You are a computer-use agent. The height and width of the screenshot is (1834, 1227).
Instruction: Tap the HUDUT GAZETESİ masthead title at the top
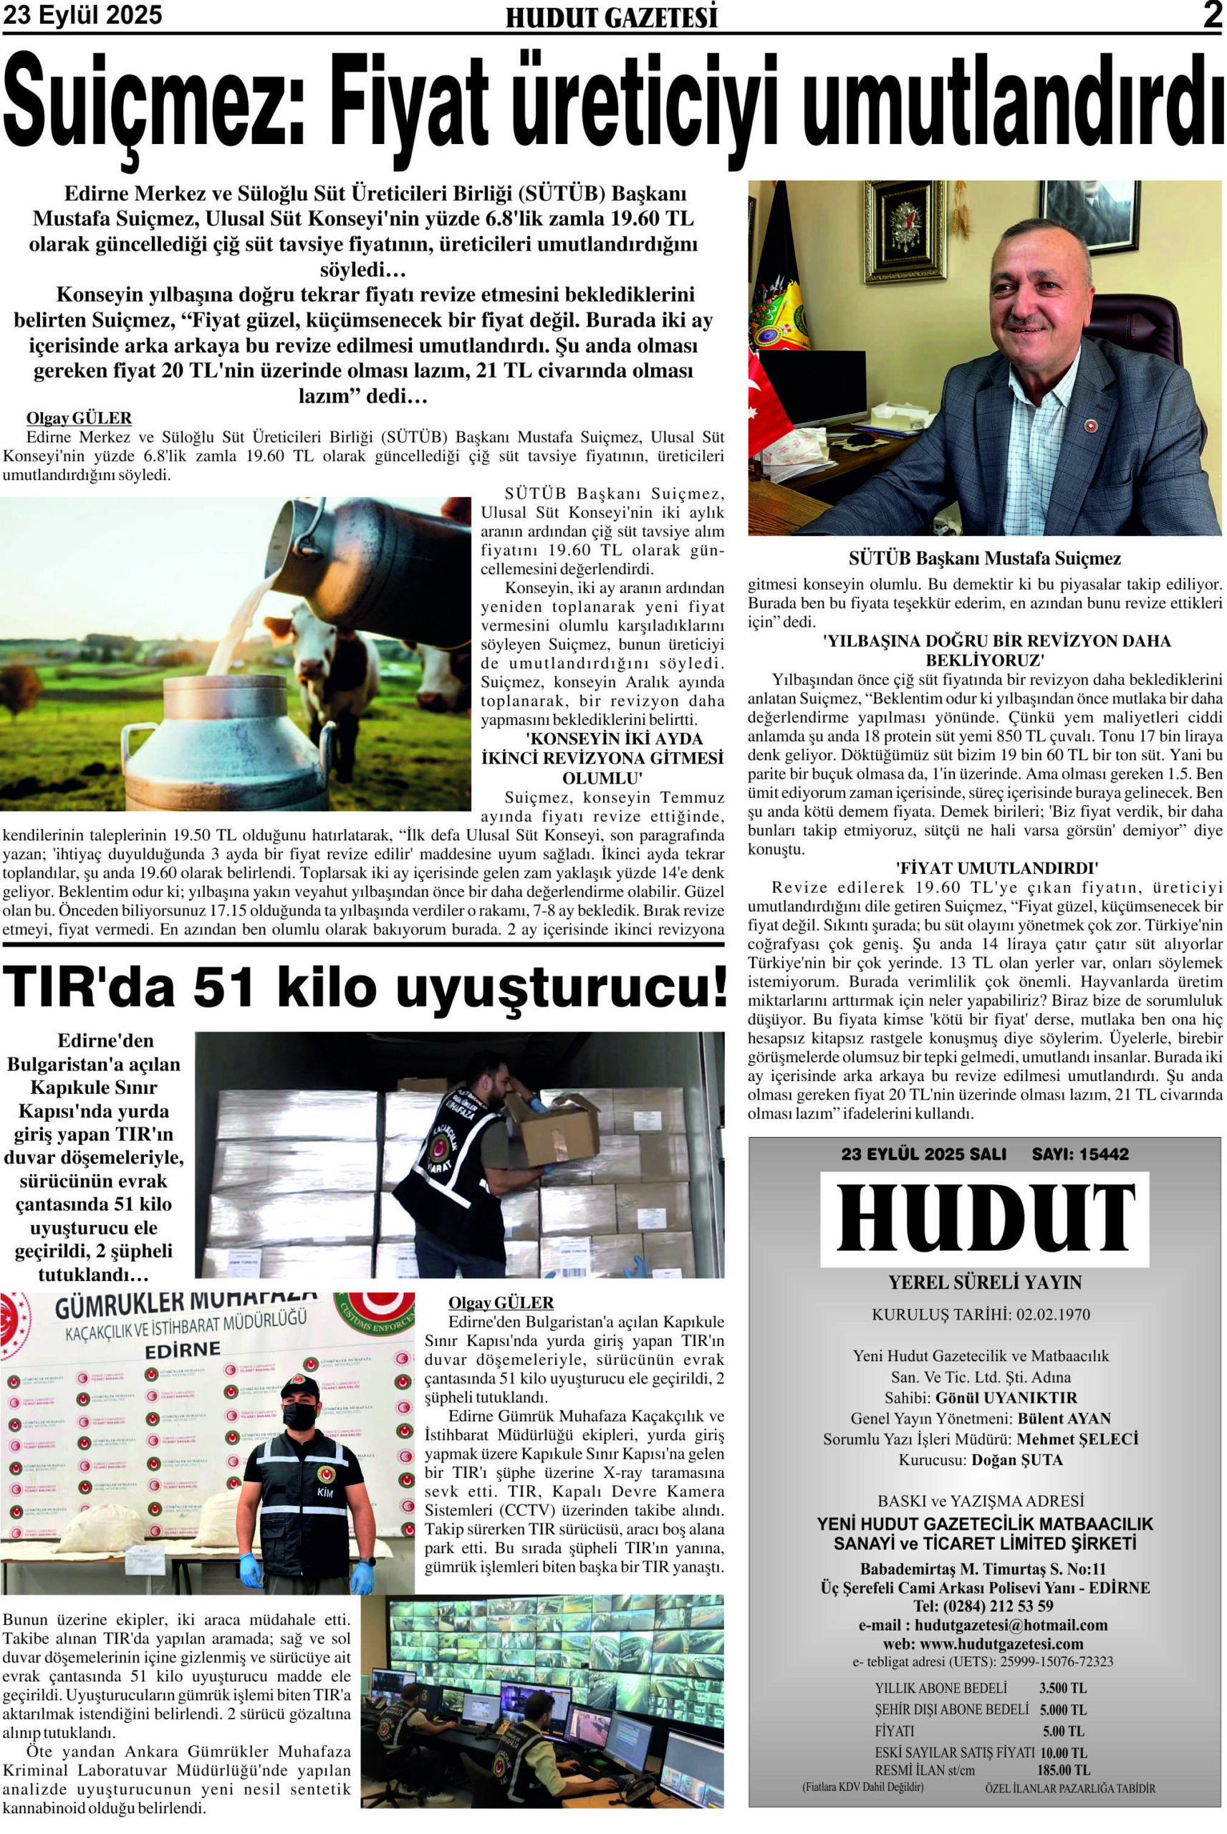pos(612,17)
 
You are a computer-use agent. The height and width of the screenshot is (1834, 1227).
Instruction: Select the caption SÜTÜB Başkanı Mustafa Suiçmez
pos(984,559)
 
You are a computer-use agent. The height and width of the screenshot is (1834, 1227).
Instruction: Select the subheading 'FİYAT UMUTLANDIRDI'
pos(985,867)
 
